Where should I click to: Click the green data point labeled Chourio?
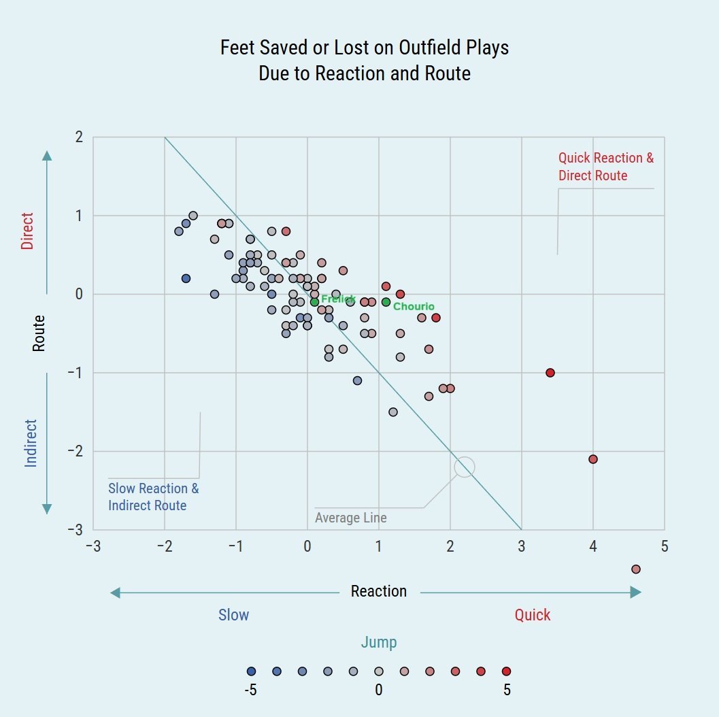pos(386,302)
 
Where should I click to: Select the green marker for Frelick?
pos(314,302)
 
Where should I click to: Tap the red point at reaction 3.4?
pos(550,373)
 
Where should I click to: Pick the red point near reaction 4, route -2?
pos(593,459)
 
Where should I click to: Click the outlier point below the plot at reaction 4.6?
pos(636,569)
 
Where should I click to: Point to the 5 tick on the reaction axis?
pos(665,546)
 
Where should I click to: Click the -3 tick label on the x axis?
pos(93,546)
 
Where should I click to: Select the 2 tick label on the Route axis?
pos(80,137)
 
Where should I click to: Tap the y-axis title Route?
pos(39,333)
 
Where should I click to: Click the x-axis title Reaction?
pos(379,591)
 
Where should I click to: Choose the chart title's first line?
pos(365,48)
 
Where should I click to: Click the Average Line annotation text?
pos(351,518)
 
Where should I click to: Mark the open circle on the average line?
pos(464,467)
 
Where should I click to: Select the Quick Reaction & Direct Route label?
pos(605,167)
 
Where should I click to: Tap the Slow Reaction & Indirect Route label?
pos(154,497)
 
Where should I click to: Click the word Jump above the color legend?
pos(379,642)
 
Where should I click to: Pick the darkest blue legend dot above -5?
pos(251,671)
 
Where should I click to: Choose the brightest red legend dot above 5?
pos(506,671)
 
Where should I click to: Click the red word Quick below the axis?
pos(533,615)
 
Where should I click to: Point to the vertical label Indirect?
pos(31,443)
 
